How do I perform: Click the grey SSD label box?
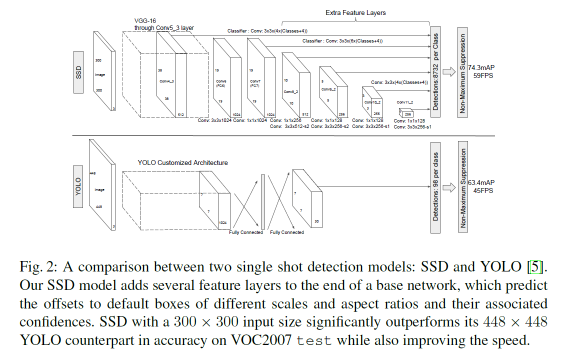[x=78, y=72]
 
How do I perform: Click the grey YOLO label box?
[x=78, y=186]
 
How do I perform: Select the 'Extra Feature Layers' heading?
[x=355, y=12]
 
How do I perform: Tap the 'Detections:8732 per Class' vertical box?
[x=435, y=72]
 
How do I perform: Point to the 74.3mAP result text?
[x=481, y=67]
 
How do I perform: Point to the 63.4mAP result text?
[x=481, y=182]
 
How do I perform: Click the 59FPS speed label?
[x=483, y=76]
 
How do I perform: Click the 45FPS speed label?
[x=483, y=190]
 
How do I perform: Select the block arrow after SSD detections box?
[x=449, y=72]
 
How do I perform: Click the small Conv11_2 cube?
[x=405, y=112]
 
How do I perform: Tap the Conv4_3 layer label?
[x=167, y=81]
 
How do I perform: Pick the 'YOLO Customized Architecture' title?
[x=182, y=163]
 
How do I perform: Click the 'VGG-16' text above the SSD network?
[x=145, y=21]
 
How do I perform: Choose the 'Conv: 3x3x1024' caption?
[x=214, y=120]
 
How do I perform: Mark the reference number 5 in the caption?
[x=535, y=267]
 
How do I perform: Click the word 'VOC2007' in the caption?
[x=261, y=340]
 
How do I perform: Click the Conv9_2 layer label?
[x=328, y=89]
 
